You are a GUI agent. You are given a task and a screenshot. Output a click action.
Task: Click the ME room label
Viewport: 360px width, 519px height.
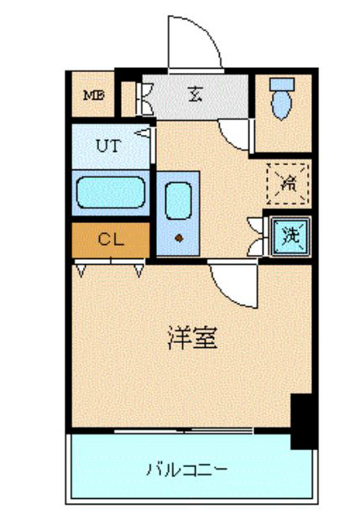[x=94, y=96]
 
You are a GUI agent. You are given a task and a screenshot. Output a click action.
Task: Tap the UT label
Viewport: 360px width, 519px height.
[x=108, y=146]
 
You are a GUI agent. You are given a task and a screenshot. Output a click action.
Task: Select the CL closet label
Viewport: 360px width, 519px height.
[x=111, y=239]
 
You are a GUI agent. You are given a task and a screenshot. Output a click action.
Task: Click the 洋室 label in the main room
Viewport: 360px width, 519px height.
[x=193, y=338]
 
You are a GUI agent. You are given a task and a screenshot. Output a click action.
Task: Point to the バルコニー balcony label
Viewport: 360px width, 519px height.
[x=187, y=470]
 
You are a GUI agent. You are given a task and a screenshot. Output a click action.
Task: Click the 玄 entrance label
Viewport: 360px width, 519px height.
[x=196, y=94]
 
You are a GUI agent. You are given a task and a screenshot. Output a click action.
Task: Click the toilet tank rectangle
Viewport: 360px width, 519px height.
[x=282, y=85]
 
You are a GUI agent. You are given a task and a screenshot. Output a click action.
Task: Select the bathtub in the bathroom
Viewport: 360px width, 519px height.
[x=111, y=192]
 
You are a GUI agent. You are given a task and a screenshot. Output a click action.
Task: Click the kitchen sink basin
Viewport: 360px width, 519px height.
[x=179, y=201]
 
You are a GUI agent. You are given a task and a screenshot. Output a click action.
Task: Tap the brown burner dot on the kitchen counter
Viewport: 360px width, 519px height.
[x=180, y=238]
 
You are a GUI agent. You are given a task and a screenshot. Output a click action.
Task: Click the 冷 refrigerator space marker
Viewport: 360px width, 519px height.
[x=288, y=184]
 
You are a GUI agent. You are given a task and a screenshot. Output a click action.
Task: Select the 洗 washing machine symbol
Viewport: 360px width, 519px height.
[x=291, y=236]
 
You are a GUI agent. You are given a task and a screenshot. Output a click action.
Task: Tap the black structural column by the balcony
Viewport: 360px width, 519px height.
[x=303, y=421]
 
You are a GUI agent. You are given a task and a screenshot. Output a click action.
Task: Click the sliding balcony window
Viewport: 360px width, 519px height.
[x=184, y=431]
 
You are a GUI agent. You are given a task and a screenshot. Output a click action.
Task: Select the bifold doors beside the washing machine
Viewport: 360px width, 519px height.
[x=258, y=236]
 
